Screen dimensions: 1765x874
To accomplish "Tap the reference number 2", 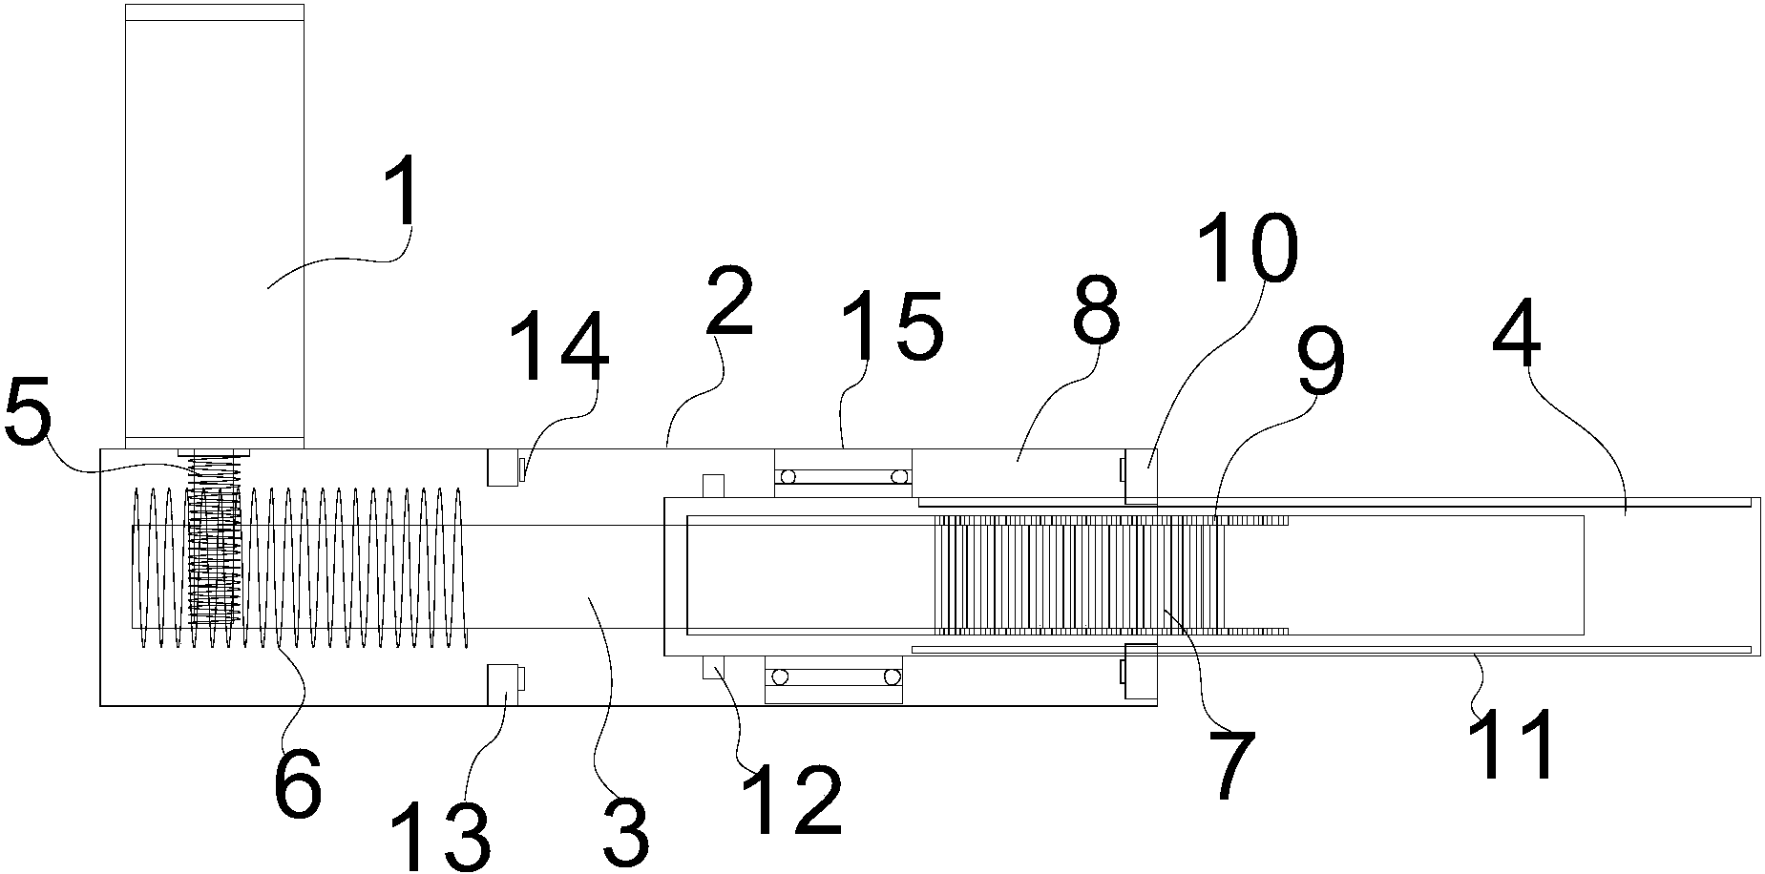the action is coord(730,302).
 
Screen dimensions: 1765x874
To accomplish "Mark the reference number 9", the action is coord(1320,362).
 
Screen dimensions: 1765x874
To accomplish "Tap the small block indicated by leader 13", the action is coord(506,683).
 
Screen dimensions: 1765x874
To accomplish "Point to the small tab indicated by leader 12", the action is coord(714,667).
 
